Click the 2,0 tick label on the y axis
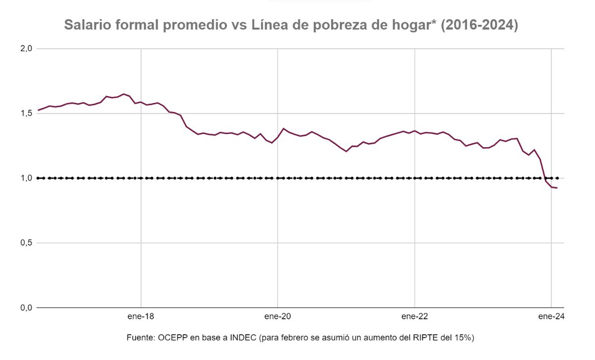click(26, 49)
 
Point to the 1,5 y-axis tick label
click(26, 113)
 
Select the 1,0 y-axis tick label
click(26, 178)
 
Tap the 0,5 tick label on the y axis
click(26, 243)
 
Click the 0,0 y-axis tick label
click(26, 307)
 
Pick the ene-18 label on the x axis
click(141, 316)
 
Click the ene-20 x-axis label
click(278, 316)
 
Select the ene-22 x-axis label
click(415, 316)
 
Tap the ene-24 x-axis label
click(551, 316)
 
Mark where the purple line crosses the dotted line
click(545, 178)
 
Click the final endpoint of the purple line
click(557, 188)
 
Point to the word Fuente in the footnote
click(140, 338)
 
